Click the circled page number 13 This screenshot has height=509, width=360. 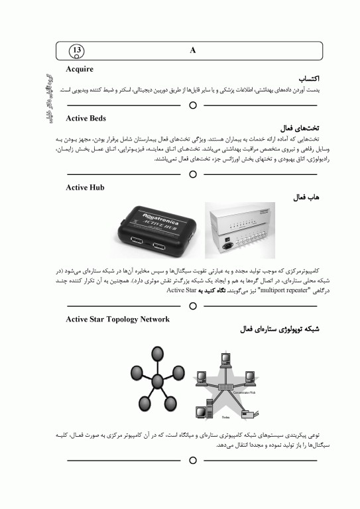point(78,51)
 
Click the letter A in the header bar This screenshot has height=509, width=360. point(192,51)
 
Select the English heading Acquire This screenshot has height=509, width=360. point(80,69)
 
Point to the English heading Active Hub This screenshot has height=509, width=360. point(85,188)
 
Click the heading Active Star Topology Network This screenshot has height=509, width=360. point(117,319)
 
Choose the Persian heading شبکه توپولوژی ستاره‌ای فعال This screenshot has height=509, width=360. point(273,329)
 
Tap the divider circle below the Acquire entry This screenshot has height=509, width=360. point(193,105)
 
